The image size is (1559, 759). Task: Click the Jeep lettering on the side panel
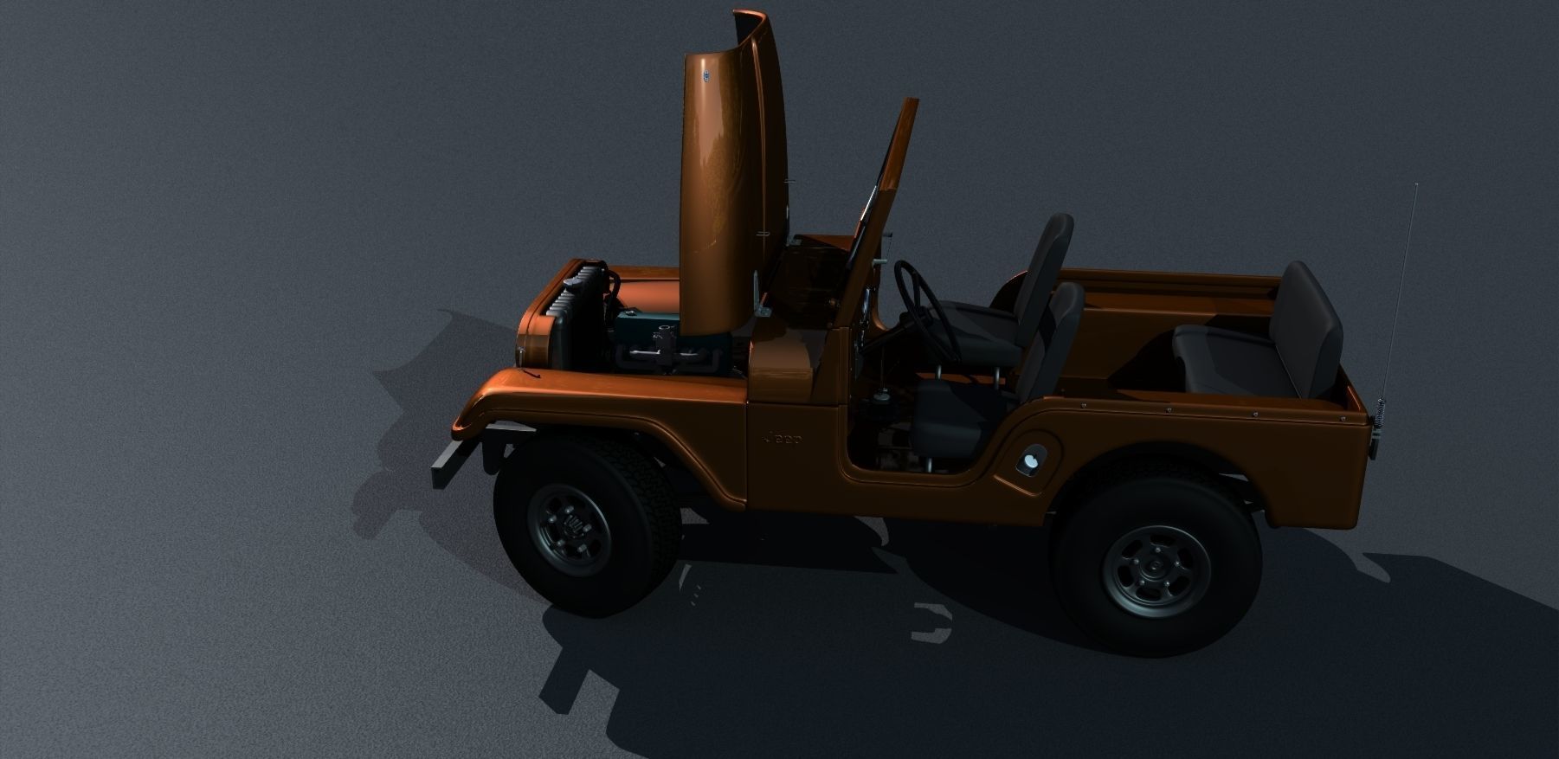point(782,440)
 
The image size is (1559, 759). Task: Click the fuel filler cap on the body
point(1032,462)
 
